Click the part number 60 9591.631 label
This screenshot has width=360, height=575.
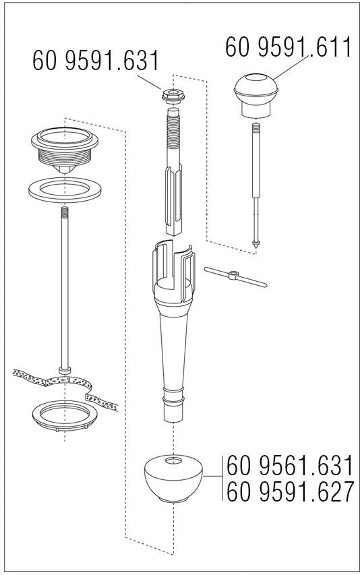pos(96,61)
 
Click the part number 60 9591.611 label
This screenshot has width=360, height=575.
pos(289,47)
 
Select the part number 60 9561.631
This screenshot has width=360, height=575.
pos(290,465)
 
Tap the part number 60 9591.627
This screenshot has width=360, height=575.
pos(291,491)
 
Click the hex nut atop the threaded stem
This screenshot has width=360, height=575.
pos(173,96)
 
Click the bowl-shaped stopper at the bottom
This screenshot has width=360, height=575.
pos(173,478)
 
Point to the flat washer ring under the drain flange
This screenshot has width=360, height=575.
pos(65,190)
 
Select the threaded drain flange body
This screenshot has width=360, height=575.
pos(65,150)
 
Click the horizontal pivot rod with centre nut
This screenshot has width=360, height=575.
pos(235,276)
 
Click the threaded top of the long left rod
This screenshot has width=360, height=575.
pos(65,212)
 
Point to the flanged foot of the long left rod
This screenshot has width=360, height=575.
pos(65,370)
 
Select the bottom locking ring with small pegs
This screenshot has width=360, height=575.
pos(65,415)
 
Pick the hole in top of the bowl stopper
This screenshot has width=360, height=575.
pos(173,460)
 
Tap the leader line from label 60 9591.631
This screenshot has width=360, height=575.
pos(149,82)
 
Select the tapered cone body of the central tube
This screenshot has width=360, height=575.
pos(173,352)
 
